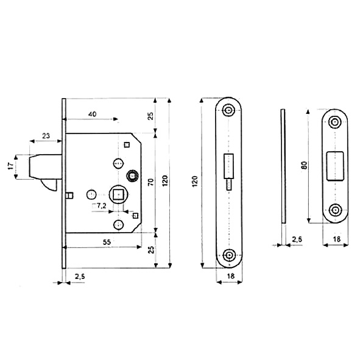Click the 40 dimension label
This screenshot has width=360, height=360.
pos(93,114)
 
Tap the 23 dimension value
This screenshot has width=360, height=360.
pos(46,136)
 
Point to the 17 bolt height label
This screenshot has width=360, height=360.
pos(10,166)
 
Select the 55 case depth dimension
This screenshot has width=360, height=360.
pos(107,242)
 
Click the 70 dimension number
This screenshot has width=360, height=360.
pos(150,182)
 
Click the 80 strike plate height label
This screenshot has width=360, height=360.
pos(304,165)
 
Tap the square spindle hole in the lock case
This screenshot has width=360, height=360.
pos(118,195)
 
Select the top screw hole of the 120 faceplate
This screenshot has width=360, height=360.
pos(228,110)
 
